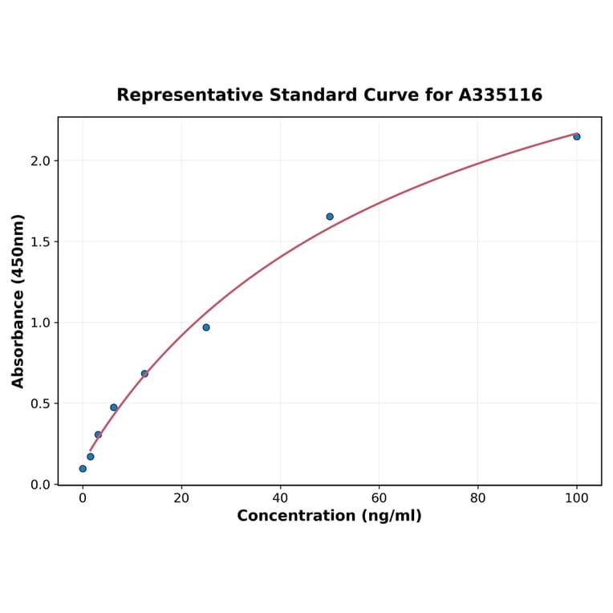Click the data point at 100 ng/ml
[x=576, y=136]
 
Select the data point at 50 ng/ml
[x=330, y=217]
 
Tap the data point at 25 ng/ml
[x=206, y=327]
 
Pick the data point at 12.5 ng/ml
[x=144, y=374]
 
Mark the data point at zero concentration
[x=83, y=469]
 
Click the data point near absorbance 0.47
[x=114, y=408]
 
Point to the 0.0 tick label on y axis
[x=40, y=485]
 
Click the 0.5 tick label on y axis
[x=40, y=404]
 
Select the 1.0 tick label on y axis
[x=40, y=323]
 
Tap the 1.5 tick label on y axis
[x=40, y=242]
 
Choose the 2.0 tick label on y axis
[x=40, y=160]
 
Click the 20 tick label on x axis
[x=181, y=498]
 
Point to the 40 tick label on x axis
[x=280, y=498]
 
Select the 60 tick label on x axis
[x=379, y=498]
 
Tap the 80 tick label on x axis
[x=477, y=498]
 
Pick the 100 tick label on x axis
[x=576, y=498]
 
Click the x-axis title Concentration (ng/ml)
[x=329, y=516]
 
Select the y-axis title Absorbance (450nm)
[x=18, y=301]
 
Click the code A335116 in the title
[x=500, y=95]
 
